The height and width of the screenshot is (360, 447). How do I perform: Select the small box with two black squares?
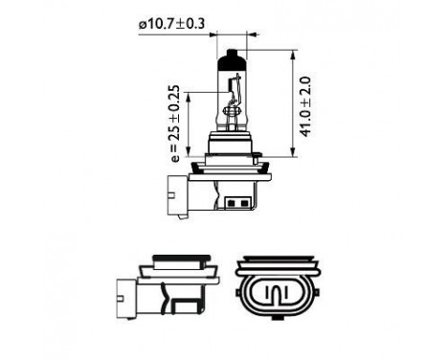point(236,203)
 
